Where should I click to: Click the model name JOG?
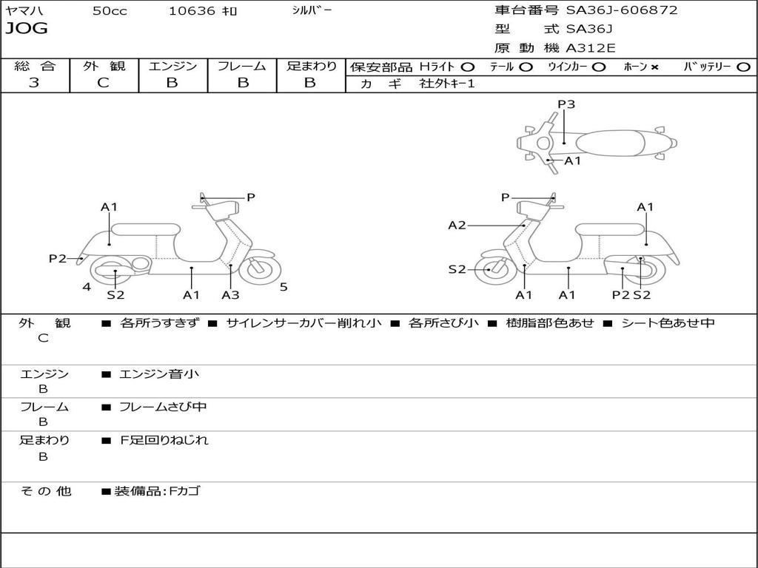(27, 29)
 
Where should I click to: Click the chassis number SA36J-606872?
(621, 10)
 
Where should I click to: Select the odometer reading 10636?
(192, 11)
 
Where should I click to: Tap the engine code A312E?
(591, 49)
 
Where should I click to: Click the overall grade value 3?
(34, 83)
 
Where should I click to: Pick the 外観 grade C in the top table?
(104, 83)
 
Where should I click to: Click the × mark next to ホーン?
(654, 67)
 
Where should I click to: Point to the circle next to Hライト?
(467, 67)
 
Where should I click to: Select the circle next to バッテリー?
(743, 67)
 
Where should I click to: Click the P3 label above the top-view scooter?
(566, 104)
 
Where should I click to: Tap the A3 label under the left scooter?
(230, 295)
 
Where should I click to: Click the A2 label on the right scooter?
(457, 225)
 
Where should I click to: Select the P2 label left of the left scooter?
(58, 258)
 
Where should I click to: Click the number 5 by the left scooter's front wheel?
(284, 287)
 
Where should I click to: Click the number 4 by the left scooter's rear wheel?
(87, 287)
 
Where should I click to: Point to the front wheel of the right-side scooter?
(491, 270)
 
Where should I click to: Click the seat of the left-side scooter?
(145, 229)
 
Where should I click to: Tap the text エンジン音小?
(159, 374)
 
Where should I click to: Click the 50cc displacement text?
(110, 11)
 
